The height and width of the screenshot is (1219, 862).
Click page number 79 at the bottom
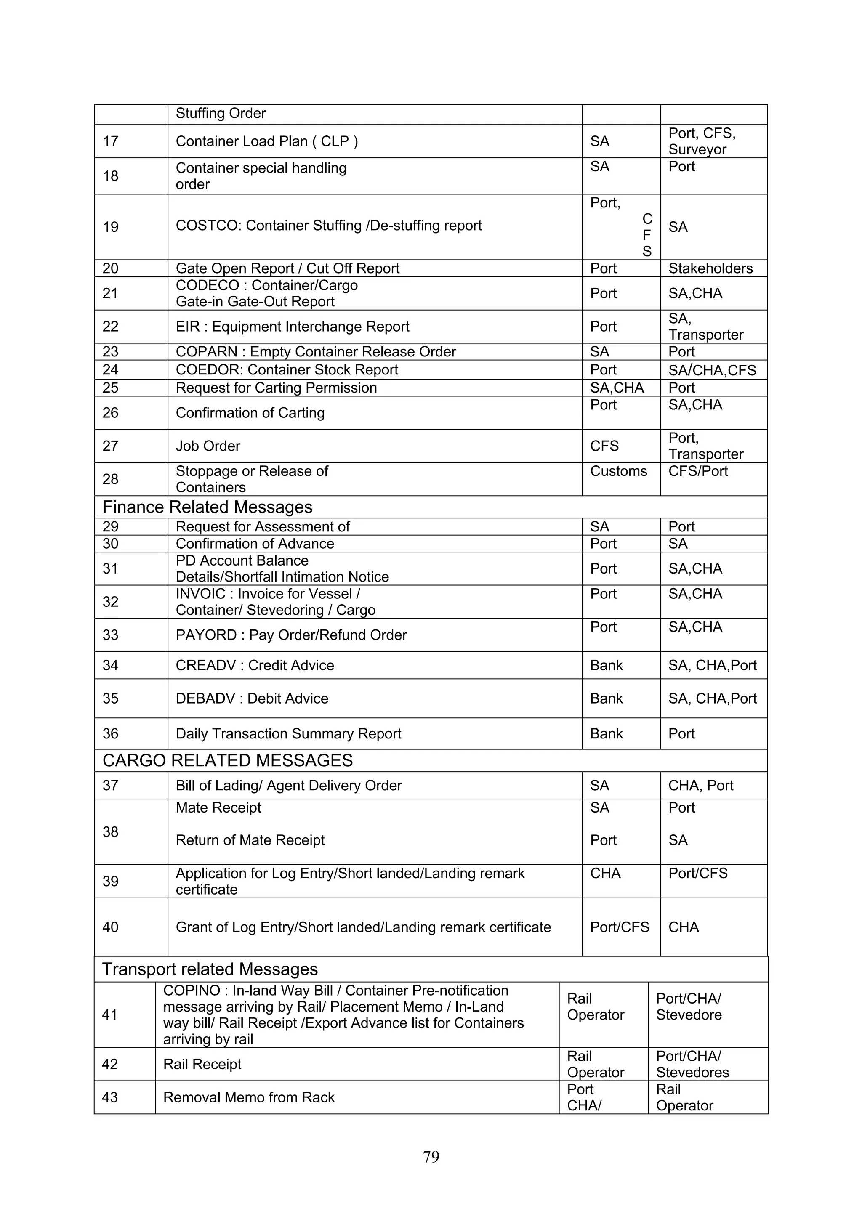[x=431, y=1156]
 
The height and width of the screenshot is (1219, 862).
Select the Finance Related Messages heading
[x=207, y=507]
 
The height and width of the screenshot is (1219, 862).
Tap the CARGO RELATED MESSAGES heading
[x=227, y=760]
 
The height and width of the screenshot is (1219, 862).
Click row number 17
[x=110, y=141]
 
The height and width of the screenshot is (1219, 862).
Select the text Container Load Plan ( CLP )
[x=266, y=141]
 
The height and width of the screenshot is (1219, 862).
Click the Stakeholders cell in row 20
[x=710, y=268]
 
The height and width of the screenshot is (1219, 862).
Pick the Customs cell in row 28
[x=618, y=471]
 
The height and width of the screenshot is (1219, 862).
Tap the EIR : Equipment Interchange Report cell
[x=292, y=327]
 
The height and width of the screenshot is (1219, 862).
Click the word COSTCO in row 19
[x=208, y=226]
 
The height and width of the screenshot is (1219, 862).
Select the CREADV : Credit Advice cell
[x=255, y=665]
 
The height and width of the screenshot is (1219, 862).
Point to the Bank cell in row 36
[x=606, y=734]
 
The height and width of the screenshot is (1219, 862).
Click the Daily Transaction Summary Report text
[x=288, y=734]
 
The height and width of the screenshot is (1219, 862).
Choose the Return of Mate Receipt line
[x=250, y=840]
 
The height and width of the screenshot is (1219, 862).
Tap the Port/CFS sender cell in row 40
[x=619, y=927]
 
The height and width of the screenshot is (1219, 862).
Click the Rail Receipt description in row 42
[x=202, y=1064]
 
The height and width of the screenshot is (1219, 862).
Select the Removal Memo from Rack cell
[x=249, y=1097]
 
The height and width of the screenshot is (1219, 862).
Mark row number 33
[x=110, y=635]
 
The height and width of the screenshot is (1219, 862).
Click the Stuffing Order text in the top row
[x=221, y=114]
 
